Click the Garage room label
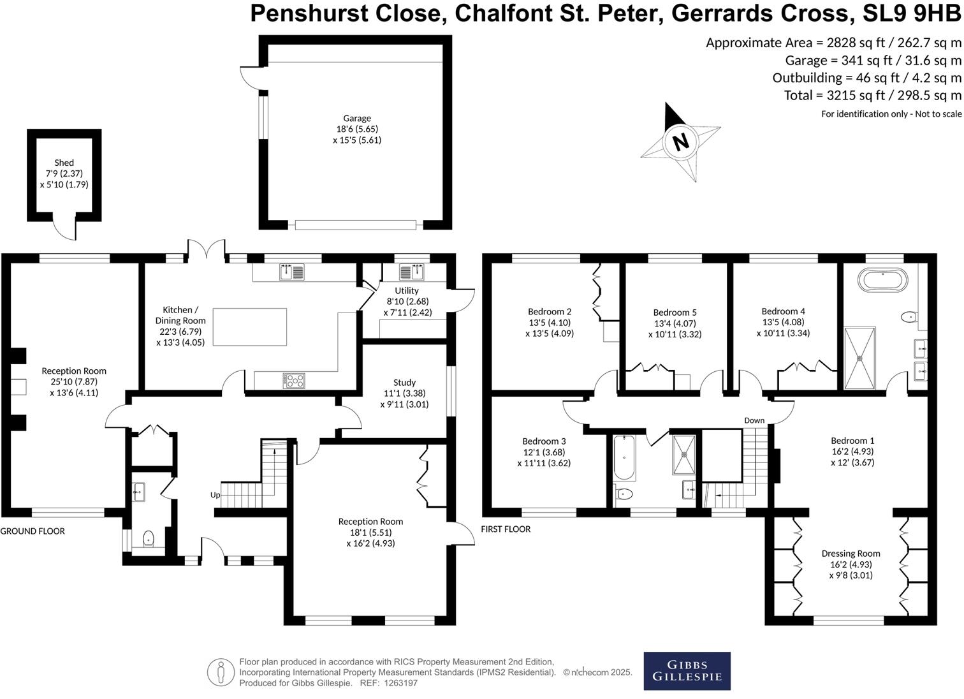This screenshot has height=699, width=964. click(x=357, y=119)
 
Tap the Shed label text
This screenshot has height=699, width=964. click(x=64, y=163)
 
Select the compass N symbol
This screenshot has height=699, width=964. click(x=681, y=141)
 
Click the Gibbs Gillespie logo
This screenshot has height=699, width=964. click(x=687, y=670)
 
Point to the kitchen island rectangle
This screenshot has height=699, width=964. click(x=249, y=327)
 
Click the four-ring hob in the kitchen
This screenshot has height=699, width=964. click(x=294, y=381)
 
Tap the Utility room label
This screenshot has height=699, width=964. click(x=407, y=291)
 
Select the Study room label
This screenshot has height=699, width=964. click(x=404, y=383)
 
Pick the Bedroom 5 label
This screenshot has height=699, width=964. click(x=675, y=313)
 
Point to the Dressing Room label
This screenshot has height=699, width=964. click(x=851, y=554)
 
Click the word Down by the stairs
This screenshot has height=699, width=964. click(x=754, y=420)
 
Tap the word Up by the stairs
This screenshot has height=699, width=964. click(x=215, y=495)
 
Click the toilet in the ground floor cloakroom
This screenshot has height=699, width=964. click(x=149, y=539)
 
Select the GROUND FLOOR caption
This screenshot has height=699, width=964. click(x=33, y=531)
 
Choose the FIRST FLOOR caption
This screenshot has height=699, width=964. click(x=506, y=529)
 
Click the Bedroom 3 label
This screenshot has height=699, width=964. click(x=544, y=441)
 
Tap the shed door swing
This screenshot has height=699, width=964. click(x=64, y=230)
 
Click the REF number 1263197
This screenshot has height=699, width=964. click(x=398, y=683)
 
